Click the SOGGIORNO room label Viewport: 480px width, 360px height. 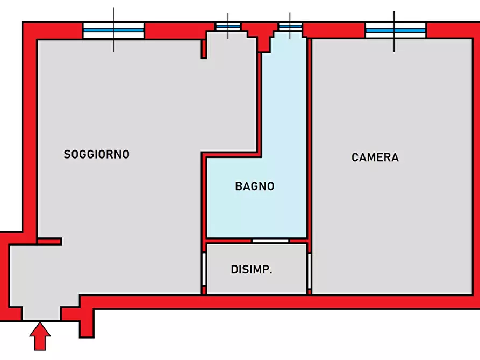[x=96, y=154]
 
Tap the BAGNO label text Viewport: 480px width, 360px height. [x=255, y=186]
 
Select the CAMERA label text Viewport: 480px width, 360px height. [x=375, y=157]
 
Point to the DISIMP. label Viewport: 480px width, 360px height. [x=252, y=269]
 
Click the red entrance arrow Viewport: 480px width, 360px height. [x=40, y=336]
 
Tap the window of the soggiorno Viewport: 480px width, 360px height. [x=113, y=30]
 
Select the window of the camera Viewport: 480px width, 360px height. [x=396, y=30]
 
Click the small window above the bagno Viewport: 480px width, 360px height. [x=290, y=27]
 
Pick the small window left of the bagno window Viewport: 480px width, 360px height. [x=228, y=27]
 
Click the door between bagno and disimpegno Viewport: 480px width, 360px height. [x=270, y=241]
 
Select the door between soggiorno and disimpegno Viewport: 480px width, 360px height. [x=204, y=269]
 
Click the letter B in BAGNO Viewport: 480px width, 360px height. [x=239, y=186]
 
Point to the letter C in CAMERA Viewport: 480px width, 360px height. [x=355, y=157]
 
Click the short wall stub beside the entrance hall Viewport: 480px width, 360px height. [x=49, y=242]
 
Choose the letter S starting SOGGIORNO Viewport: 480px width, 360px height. [x=67, y=154]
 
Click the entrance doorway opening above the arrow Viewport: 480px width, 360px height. [x=41, y=314]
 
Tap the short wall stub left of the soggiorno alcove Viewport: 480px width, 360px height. [x=204, y=49]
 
